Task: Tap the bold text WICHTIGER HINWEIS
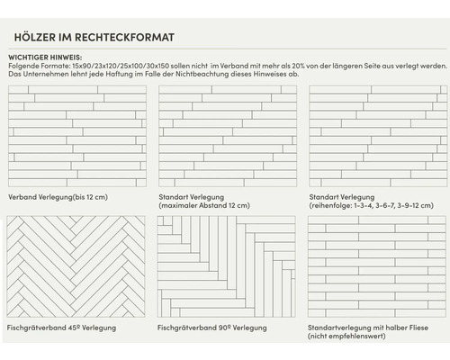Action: [44, 57]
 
